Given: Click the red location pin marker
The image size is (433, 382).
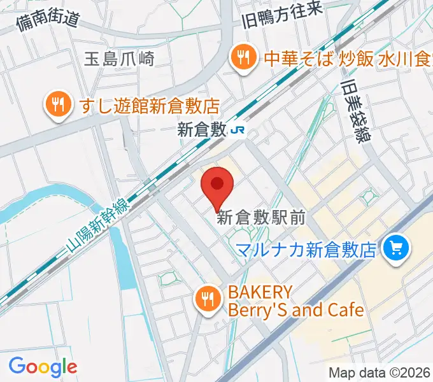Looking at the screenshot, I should [216, 187].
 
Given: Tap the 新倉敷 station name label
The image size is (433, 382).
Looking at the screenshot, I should [202, 130].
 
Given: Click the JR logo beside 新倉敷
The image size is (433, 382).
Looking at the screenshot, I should [239, 130].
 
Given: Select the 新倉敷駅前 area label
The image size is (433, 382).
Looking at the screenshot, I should [261, 218].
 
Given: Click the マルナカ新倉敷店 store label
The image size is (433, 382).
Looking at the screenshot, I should [306, 249].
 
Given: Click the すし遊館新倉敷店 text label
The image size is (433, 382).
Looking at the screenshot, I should [150, 105].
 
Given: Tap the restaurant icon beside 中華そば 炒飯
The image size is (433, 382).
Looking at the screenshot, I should [243, 59].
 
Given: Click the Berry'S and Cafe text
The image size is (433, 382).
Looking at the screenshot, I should [295, 310].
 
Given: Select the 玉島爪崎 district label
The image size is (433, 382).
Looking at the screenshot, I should [119, 59].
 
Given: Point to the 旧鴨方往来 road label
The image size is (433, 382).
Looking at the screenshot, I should [283, 14].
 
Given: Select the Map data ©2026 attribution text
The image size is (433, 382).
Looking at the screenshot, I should [378, 372].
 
